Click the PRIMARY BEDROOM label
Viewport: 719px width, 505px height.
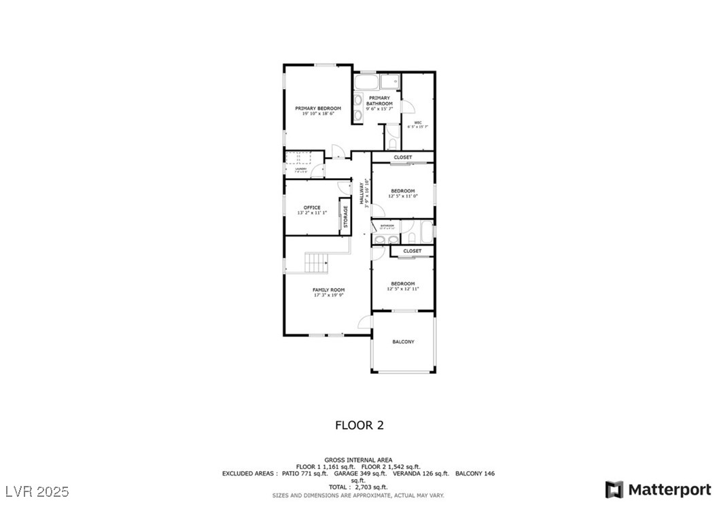click(318, 108)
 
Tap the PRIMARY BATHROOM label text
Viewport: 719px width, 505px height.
click(379, 101)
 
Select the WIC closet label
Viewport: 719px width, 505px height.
click(418, 123)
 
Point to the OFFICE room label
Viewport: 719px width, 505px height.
click(311, 207)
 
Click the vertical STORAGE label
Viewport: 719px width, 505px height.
click(345, 217)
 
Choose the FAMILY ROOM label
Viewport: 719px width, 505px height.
click(328, 290)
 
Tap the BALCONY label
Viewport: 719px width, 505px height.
click(403, 342)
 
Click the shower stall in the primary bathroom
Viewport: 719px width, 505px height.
click(390, 82)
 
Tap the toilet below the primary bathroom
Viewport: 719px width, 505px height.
click(392, 143)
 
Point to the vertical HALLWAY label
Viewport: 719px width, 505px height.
click(363, 192)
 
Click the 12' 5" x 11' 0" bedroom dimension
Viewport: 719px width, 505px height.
click(403, 196)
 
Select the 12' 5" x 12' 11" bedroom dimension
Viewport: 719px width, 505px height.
click(403, 289)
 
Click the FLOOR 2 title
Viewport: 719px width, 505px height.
click(359, 425)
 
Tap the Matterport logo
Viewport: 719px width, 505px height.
click(659, 489)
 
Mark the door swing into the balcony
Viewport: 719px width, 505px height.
click(365, 321)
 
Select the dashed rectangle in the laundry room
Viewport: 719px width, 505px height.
click(298, 158)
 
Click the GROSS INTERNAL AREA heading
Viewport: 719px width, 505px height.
click(358, 460)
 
